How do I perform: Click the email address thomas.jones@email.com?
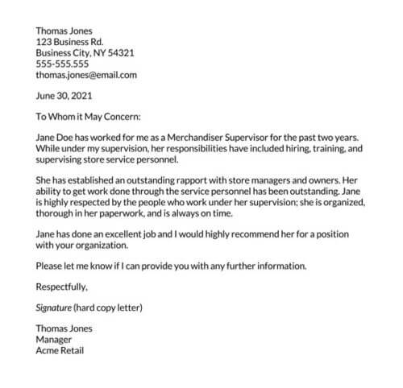pyautogui.click(x=86, y=75)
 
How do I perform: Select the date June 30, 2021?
pyautogui.click(x=64, y=96)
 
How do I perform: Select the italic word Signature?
pyautogui.click(x=54, y=307)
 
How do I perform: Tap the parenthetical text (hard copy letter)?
pyautogui.click(x=110, y=307)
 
